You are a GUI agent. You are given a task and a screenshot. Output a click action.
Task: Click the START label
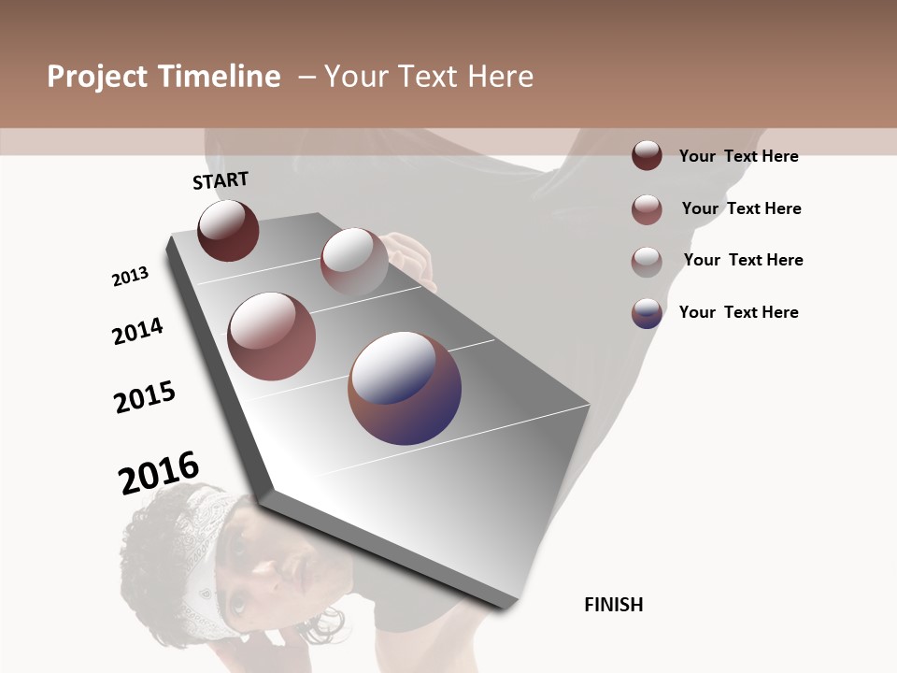221,180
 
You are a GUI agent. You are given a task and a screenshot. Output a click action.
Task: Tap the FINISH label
613,605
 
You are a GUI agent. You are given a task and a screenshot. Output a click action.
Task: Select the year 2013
130,277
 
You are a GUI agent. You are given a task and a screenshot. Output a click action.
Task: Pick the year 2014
137,331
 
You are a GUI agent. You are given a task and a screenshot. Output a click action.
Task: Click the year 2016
159,472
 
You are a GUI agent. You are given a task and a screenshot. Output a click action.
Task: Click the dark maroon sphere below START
228,231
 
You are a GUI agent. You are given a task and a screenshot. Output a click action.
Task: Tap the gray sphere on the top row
354,261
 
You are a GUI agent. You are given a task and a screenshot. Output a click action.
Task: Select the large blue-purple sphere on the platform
405,388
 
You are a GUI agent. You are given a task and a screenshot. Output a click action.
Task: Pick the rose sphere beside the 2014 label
272,336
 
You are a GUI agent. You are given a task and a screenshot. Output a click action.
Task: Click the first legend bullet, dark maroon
647,155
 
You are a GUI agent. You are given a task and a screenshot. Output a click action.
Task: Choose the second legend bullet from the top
647,209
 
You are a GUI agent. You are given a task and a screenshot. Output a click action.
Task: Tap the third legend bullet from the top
647,262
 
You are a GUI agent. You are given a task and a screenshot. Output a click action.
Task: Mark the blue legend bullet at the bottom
647,313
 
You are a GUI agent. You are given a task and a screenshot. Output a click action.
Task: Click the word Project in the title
98,77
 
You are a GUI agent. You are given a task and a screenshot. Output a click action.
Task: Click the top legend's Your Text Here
738,156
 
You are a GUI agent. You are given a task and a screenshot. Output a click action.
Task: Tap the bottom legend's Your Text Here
738,312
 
